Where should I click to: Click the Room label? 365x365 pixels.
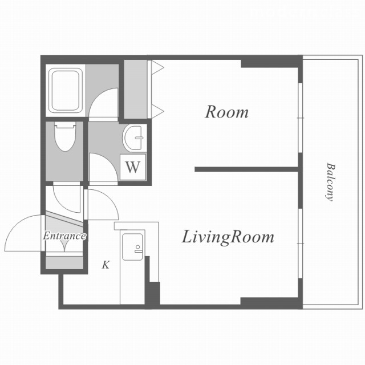227,112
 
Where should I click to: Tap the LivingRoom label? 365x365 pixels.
228,237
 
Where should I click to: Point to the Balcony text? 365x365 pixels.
330,182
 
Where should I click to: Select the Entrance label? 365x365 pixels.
64,236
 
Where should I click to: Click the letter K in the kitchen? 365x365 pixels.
106,265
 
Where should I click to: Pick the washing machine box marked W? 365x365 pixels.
133,167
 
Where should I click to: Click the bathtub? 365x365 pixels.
66,90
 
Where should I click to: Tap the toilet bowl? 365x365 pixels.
66,137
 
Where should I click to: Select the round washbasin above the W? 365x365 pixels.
133,138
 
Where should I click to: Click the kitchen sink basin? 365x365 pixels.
132,247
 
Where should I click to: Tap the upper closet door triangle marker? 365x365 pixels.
157,68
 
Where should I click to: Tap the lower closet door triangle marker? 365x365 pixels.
157,111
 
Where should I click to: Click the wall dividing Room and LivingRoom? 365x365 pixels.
246,169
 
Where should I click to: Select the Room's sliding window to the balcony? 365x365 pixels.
301,118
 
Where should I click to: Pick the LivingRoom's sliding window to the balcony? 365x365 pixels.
301,244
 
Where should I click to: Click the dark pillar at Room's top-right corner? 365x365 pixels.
271,62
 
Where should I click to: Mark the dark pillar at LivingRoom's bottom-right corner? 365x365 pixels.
271,303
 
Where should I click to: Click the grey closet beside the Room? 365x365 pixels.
136,89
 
